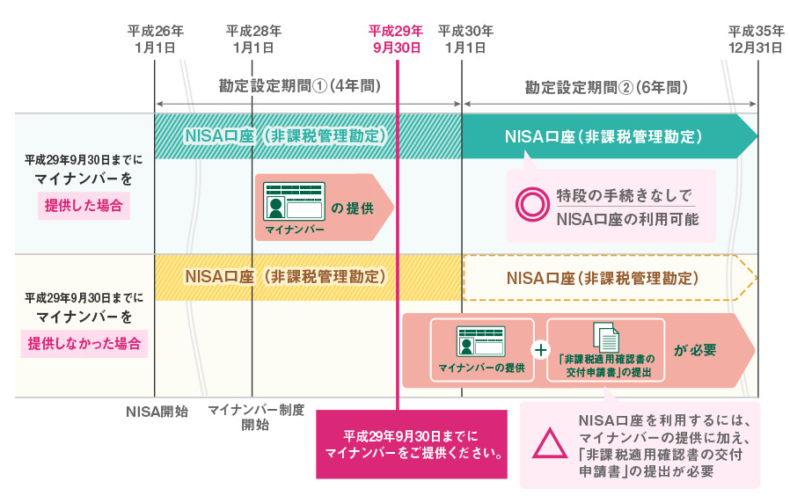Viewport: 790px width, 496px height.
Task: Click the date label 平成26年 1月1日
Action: pos(155,39)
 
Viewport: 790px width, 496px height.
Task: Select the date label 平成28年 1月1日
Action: pos(253,39)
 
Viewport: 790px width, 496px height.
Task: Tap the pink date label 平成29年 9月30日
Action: pos(397,39)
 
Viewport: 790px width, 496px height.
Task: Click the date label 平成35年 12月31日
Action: pos(754,39)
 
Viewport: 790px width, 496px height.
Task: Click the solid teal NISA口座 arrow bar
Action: pos(607,136)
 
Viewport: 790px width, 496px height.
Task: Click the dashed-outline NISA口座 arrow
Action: pos(607,278)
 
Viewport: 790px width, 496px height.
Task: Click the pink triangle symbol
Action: pos(551,445)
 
